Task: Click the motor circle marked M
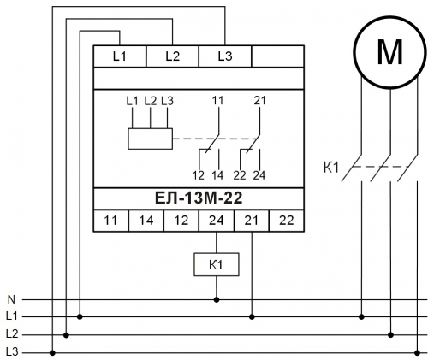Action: (x=389, y=17)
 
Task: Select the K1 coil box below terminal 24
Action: (x=217, y=264)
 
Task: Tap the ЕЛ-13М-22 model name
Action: (x=199, y=198)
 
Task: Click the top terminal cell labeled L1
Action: (x=120, y=56)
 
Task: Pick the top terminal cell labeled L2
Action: (x=172, y=56)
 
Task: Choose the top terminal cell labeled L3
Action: (x=225, y=56)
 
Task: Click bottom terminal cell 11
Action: (x=110, y=221)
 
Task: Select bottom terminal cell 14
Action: (x=146, y=221)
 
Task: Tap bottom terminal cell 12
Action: (x=181, y=221)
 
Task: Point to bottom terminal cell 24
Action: (x=217, y=221)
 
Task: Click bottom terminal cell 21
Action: (x=252, y=221)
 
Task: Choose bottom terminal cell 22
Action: (x=287, y=221)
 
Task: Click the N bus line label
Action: (x=11, y=299)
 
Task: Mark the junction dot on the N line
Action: (x=217, y=299)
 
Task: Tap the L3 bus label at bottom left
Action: (x=12, y=352)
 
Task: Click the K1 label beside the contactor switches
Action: (x=331, y=168)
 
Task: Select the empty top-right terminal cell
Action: (x=277, y=56)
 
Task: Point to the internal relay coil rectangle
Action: (x=150, y=128)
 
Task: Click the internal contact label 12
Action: (x=199, y=175)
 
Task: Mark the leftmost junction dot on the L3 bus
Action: (x=52, y=353)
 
